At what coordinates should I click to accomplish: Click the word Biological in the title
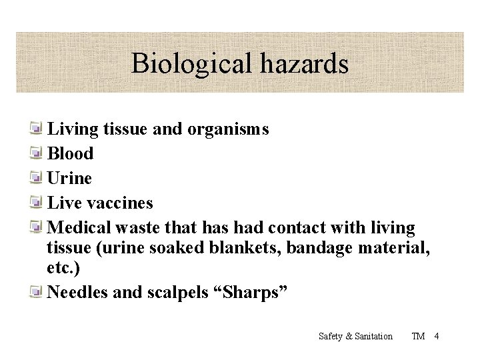point(190,64)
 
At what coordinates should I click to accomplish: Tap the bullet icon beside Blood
point(38,153)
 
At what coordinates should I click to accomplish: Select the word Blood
point(71,153)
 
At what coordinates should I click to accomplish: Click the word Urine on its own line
point(70,178)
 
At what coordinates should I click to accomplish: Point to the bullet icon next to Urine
point(38,178)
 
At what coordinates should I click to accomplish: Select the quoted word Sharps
point(257,292)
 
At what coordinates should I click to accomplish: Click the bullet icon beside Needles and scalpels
point(38,292)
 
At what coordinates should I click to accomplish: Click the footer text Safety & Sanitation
point(355,336)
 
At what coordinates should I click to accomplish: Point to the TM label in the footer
point(419,336)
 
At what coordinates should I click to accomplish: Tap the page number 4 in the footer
point(436,336)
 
